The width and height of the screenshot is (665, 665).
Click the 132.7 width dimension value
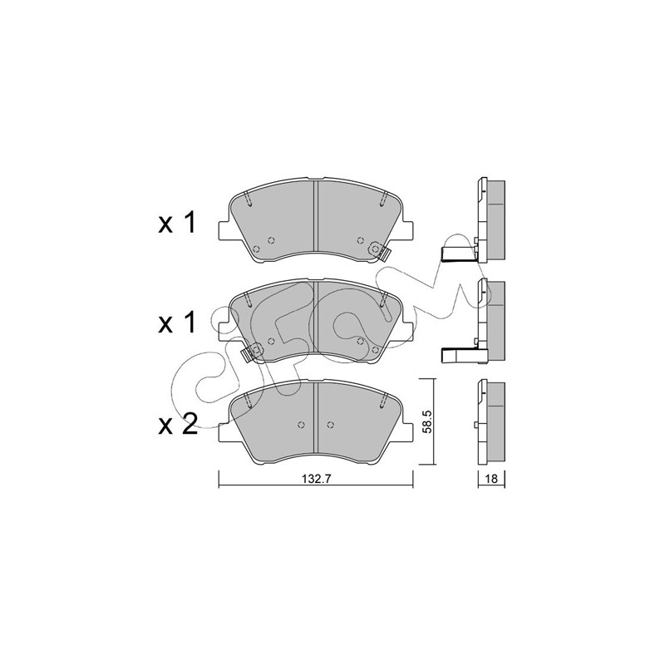(x=316, y=479)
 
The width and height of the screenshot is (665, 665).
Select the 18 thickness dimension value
(x=491, y=479)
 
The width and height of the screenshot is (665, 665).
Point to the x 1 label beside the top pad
(x=177, y=223)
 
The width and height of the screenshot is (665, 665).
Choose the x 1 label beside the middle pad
(x=177, y=323)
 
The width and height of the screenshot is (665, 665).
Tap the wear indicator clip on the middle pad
(x=253, y=352)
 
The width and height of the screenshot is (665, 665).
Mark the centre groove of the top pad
(x=316, y=220)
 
